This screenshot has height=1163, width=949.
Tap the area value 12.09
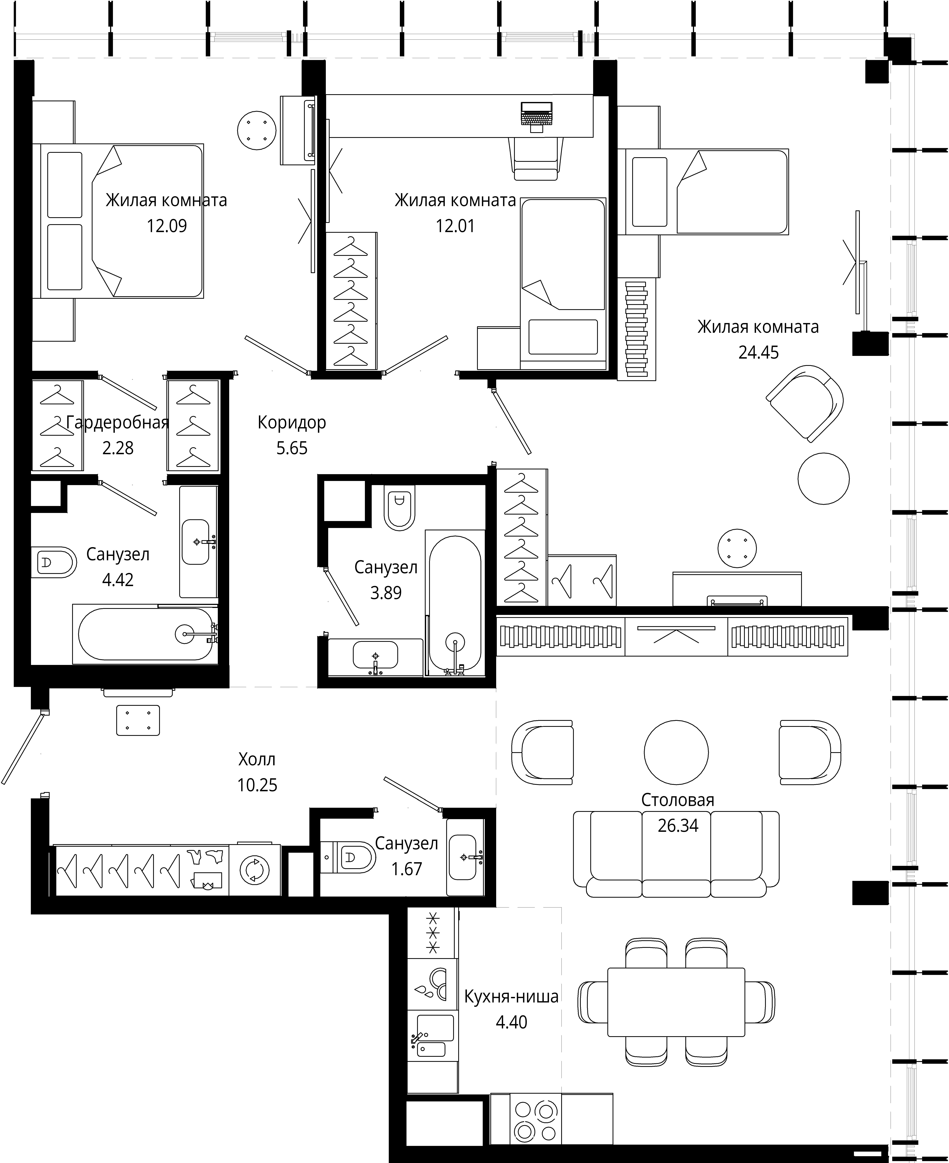pos(167,226)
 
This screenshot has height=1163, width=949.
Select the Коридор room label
pos(292,423)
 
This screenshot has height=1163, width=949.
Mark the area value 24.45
pos(759,353)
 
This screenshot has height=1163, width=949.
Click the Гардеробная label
pos(118,423)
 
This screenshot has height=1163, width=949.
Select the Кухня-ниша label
pos(512,997)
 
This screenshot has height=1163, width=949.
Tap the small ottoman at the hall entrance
pos(138,720)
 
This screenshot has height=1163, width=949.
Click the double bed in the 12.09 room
pos(118,221)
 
